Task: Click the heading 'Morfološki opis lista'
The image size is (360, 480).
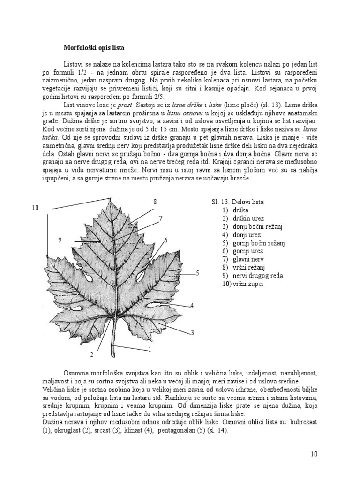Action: pyautogui.click(x=94, y=47)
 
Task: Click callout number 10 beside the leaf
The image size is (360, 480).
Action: pyautogui.click(x=35, y=207)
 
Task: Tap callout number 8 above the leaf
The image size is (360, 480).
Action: pyautogui.click(x=154, y=202)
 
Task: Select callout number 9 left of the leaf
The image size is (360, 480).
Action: pyautogui.click(x=60, y=240)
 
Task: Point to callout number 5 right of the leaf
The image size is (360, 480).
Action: pyautogui.click(x=198, y=273)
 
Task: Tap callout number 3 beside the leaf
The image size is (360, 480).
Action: pyautogui.click(x=192, y=333)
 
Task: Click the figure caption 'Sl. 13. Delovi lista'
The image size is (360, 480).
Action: pyautogui.click(x=237, y=202)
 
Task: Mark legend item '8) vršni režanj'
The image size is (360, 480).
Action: pyautogui.click(x=248, y=267)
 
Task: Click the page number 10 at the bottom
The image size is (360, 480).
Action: pyautogui.click(x=314, y=454)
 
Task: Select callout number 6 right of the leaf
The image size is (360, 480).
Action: pyautogui.click(x=165, y=240)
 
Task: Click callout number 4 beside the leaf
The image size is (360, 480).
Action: pyautogui.click(x=192, y=306)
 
